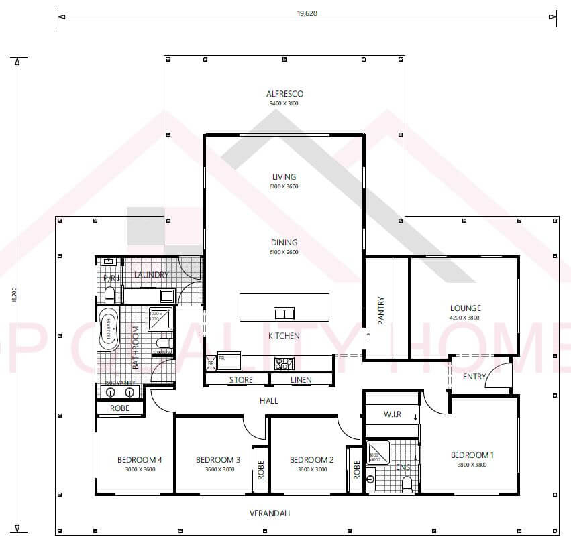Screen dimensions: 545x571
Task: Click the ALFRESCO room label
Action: pos(284,94)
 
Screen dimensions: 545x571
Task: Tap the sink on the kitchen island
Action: pos(284,313)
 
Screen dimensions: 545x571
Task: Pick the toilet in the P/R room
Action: pos(109,294)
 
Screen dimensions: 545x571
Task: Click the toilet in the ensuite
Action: pos(407,484)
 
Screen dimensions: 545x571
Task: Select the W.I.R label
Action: pos(392,414)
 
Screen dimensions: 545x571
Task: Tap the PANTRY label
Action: pos(381,310)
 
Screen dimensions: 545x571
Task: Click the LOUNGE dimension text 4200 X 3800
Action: pos(465,318)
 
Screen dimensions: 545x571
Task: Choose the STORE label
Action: pos(241,380)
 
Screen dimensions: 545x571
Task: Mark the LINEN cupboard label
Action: pos(301,380)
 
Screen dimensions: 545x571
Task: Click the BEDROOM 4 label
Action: pos(140,459)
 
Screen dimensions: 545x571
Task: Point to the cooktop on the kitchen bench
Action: pos(284,363)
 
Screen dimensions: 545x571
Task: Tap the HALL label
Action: pos(268,401)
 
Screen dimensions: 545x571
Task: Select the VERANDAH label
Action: pos(269,513)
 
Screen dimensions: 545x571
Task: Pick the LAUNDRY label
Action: pos(151,275)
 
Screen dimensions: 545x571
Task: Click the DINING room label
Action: pos(284,243)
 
